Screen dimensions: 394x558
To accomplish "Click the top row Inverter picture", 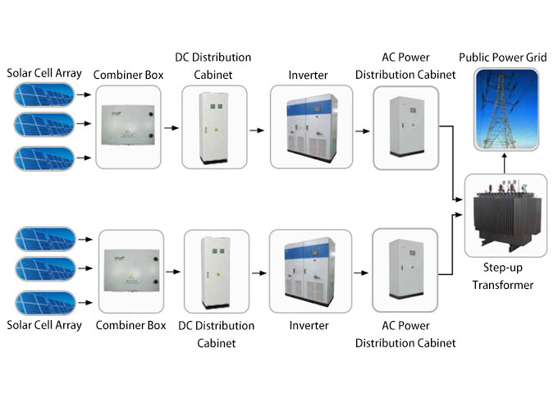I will (x=310, y=127).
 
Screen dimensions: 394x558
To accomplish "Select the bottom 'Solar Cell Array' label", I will (x=44, y=326).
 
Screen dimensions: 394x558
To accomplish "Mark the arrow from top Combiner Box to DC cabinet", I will (x=171, y=128).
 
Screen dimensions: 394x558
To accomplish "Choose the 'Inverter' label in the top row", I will (x=309, y=76).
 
